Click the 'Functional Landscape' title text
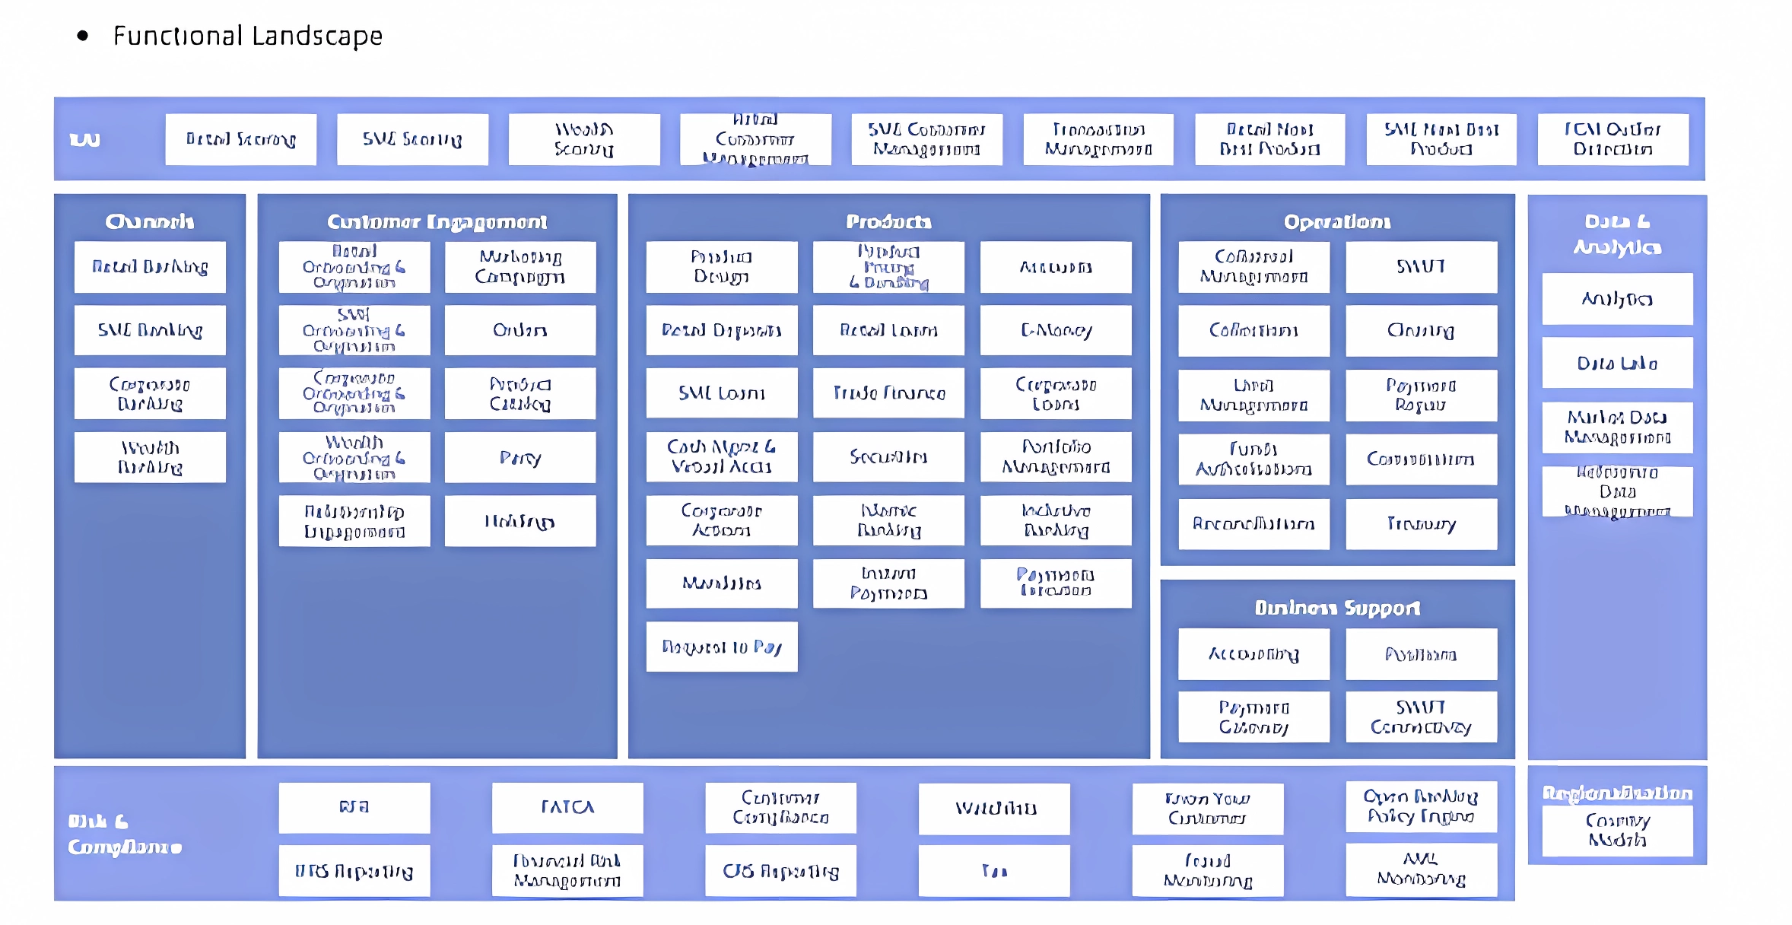point(247,36)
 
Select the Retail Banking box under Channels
point(150,267)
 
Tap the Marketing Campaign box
point(520,267)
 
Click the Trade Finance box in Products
point(888,393)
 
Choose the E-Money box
point(1056,330)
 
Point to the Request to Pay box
point(722,647)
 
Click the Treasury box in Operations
point(1421,524)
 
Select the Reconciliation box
point(1253,524)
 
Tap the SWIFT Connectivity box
point(1421,717)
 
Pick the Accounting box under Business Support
point(1253,654)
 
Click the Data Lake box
point(1617,364)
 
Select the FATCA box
point(567,807)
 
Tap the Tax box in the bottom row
point(994,871)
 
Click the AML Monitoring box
point(1421,869)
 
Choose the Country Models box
point(1617,830)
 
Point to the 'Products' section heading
point(888,222)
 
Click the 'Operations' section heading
point(1337,222)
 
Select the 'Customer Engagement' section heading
point(437,222)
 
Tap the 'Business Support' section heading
point(1337,609)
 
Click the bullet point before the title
point(83,36)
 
